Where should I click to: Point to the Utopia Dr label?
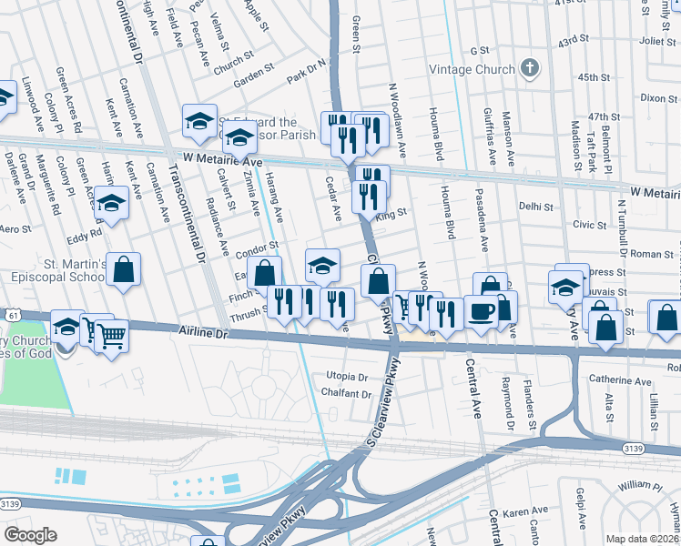click(x=347, y=377)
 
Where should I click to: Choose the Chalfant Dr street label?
click(x=347, y=394)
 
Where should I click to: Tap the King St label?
click(x=391, y=213)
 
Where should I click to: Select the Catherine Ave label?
click(x=620, y=381)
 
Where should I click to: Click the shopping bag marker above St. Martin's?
click(x=124, y=270)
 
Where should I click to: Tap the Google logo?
click(x=30, y=535)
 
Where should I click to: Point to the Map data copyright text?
click(x=642, y=539)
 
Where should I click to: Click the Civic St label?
click(x=589, y=225)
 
